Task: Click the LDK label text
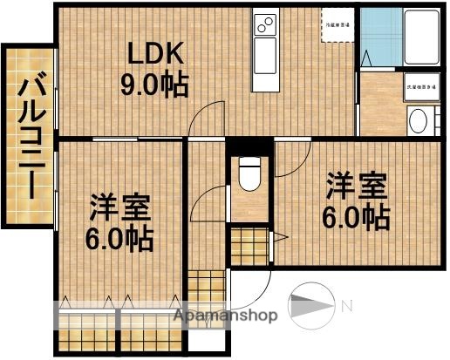coord(157,55)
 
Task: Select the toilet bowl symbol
coord(250,174)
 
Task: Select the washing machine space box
coord(419,87)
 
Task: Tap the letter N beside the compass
coord(346,306)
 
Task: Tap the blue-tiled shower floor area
coord(380,39)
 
